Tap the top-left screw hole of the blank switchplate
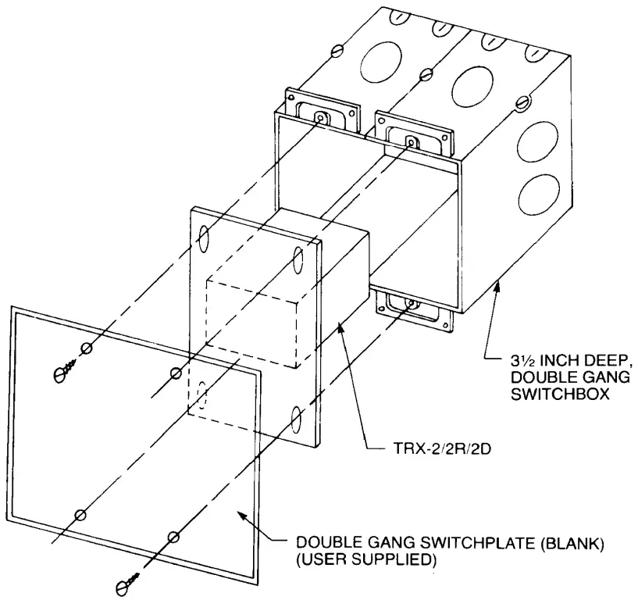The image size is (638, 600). [88, 348]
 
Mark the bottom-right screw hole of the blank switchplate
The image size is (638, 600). [173, 537]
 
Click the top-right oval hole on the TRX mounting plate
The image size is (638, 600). [298, 259]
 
